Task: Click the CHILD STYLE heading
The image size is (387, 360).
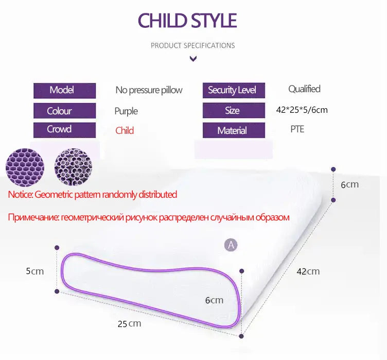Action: coord(187,20)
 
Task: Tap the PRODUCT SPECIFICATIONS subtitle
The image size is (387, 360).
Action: coord(193,45)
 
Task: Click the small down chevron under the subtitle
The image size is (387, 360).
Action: coord(193,59)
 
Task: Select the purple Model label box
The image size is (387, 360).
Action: coord(65,91)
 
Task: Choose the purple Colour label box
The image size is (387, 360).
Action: coord(65,111)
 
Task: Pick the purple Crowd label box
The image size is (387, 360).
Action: coord(65,130)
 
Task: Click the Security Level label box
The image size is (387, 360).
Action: coord(234,90)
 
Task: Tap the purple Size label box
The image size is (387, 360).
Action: coord(234,110)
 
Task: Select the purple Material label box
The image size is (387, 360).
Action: coord(234,130)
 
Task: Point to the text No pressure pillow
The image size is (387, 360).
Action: coord(149,91)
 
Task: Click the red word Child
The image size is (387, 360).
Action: coord(125,130)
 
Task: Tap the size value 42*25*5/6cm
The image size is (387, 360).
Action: coord(302,110)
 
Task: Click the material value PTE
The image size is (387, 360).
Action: coord(297,129)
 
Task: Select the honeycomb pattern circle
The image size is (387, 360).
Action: coord(25,167)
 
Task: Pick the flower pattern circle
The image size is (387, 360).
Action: coord(73,167)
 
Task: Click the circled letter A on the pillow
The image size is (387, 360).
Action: coord(231,245)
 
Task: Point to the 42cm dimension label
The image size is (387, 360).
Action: coord(308,271)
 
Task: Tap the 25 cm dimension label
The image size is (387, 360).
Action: coord(129,323)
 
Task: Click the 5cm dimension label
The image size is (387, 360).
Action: coord(35,271)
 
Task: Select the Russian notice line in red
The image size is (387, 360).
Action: coord(149,217)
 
